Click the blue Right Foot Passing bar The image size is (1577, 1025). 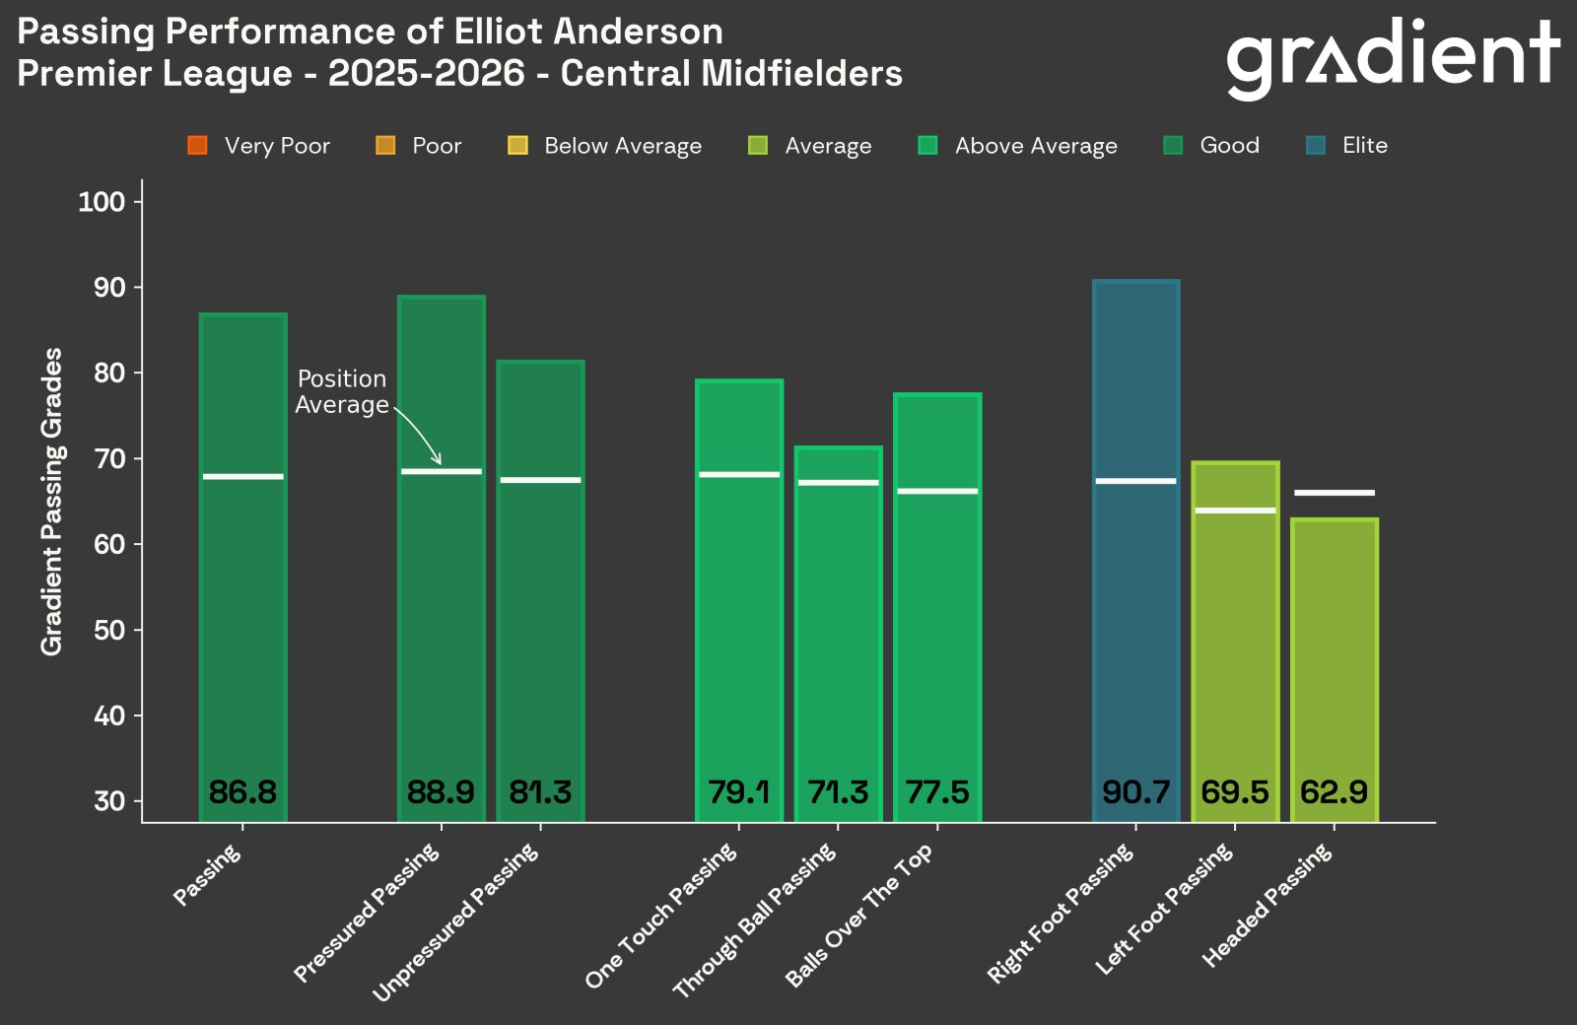coord(1135,552)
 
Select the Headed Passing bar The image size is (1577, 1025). coord(1334,670)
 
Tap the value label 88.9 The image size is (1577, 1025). coord(441,792)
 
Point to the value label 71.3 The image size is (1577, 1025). coord(838,792)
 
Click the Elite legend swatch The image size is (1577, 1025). coord(1316,146)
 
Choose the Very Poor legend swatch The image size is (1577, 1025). coord(197,146)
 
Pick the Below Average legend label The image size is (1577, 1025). coord(623,146)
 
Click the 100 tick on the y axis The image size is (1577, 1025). coord(103,202)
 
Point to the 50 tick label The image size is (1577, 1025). coord(109,630)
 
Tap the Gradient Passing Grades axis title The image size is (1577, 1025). coord(51,501)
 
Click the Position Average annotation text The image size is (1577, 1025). coord(342,392)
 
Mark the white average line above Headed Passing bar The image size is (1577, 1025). coord(1334,493)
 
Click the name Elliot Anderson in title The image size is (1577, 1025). coord(588,32)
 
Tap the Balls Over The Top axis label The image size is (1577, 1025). coord(859,917)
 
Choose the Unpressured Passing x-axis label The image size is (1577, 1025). coord(456,922)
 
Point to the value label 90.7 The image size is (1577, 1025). coord(1135,792)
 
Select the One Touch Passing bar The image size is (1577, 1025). coord(739,611)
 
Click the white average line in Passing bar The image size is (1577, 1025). coord(242,477)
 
